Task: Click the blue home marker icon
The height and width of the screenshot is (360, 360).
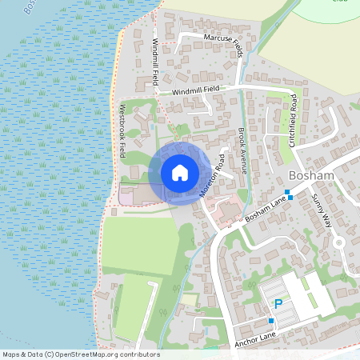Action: click(179, 173)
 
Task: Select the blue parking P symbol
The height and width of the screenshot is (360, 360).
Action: click(278, 303)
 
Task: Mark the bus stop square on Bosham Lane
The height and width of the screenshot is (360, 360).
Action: click(290, 196)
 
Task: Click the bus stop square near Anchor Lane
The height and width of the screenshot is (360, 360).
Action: click(271, 321)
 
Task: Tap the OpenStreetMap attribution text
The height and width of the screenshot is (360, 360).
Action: click(80, 354)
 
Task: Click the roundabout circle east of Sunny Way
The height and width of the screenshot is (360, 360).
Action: click(339, 242)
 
